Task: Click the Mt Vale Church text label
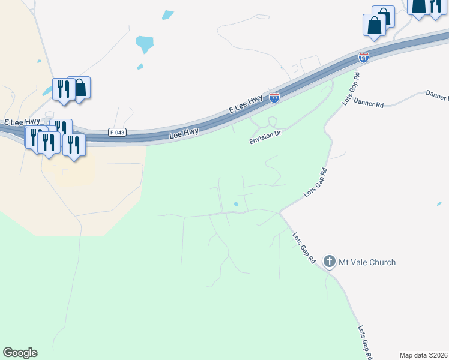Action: (366, 262)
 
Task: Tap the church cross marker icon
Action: (330, 262)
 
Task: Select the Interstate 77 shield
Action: (274, 97)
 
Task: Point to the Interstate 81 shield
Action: (363, 57)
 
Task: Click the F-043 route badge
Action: (118, 132)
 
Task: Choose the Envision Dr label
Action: (266, 137)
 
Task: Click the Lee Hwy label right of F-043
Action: (184, 134)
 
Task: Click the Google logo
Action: (20, 353)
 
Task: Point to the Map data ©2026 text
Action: (424, 355)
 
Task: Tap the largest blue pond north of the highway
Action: (145, 44)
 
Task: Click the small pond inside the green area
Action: (236, 205)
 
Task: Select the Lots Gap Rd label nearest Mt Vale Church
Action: (304, 248)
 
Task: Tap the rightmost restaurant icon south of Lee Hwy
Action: (74, 145)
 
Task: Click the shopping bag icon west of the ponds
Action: (80, 88)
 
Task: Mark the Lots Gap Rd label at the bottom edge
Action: (365, 342)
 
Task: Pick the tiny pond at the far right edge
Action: (439, 204)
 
